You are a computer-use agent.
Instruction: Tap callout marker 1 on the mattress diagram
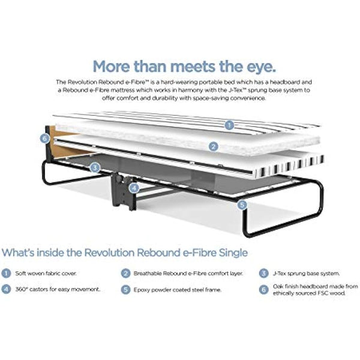[228, 125]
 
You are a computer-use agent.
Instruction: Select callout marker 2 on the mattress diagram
[213, 145]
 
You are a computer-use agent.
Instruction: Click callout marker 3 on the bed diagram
[95, 168]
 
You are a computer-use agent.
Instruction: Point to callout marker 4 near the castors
[134, 187]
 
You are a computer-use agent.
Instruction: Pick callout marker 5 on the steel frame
[242, 204]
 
